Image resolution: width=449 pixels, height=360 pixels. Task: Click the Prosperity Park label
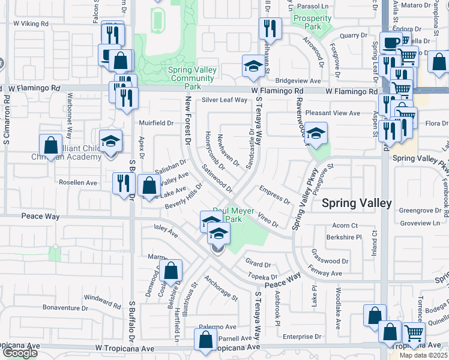point(312,23)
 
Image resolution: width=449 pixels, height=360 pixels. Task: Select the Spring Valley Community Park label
point(192,74)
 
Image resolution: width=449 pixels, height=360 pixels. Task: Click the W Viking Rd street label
point(34,23)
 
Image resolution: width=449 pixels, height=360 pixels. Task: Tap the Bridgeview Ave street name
point(298,80)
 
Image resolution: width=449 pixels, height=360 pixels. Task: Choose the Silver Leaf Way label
point(224,100)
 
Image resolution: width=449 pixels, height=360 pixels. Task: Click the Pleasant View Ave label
point(333,113)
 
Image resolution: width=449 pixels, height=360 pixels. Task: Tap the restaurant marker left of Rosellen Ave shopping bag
point(122,184)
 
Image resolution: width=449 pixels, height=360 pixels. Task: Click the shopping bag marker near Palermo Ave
point(205,339)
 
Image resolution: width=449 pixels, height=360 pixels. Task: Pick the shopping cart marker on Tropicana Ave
point(414,333)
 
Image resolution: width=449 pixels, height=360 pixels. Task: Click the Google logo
point(19,353)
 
